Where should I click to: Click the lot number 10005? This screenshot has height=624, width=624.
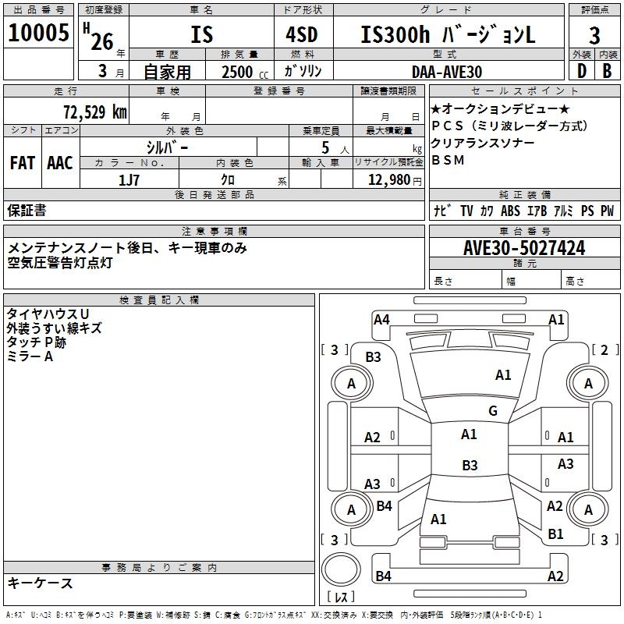(38, 34)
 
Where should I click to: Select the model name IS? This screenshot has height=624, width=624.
(201, 35)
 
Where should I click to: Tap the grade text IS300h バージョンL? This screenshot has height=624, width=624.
(448, 35)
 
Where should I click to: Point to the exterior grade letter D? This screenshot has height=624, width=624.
(580, 71)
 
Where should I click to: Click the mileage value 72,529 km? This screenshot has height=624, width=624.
(94, 112)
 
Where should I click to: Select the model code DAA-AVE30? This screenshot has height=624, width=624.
(447, 72)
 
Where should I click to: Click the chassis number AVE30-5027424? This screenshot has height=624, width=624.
(524, 248)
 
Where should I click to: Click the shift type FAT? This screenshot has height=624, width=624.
(23, 163)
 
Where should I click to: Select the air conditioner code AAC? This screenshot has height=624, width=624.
(59, 163)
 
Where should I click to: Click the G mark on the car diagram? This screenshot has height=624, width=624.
(492, 411)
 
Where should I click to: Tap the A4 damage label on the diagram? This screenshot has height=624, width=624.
(381, 319)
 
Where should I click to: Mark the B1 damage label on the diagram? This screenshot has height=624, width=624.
(555, 534)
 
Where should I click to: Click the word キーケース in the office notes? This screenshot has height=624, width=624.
(40, 583)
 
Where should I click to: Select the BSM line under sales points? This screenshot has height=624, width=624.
(448, 160)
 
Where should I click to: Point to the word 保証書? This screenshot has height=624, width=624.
(27, 210)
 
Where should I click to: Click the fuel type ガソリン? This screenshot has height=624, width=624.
(303, 71)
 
